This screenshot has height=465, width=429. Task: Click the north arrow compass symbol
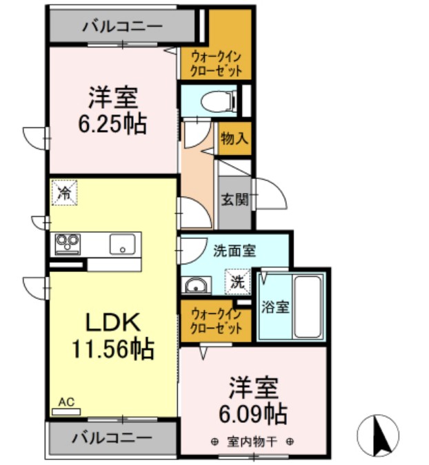coord(378,434)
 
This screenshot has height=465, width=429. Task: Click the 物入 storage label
coord(234,138)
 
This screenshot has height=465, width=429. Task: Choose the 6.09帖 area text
coord(253,414)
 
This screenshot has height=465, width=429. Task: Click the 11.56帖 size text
coord(113,349)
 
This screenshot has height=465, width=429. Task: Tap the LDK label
coord(112,321)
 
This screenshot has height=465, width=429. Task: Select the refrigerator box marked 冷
coord(65,192)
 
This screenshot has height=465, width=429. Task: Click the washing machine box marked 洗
coord(237,282)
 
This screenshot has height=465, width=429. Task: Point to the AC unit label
coord(66,402)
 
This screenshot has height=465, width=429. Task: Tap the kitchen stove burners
coord(68,243)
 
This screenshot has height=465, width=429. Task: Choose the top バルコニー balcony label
coord(122,27)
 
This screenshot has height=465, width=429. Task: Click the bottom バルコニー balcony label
coord(110,437)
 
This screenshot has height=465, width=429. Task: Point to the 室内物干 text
coord(252,442)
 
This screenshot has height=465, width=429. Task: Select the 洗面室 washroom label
coord(235,251)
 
